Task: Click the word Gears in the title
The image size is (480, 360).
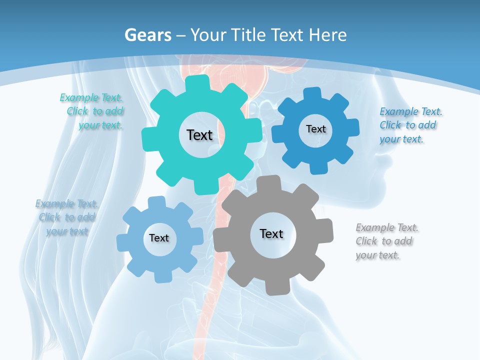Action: [x=147, y=35]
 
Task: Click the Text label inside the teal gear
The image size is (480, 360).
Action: [x=199, y=135]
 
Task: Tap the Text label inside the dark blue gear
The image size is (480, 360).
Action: [x=315, y=129]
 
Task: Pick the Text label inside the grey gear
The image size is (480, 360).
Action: [x=271, y=233]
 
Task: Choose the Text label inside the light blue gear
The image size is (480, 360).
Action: [x=159, y=238]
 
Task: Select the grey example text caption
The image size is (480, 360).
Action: [x=386, y=241]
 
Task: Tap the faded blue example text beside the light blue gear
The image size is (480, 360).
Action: [x=67, y=217]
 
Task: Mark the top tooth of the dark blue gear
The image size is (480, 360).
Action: [x=311, y=93]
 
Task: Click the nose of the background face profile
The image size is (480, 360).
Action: [x=385, y=162]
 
